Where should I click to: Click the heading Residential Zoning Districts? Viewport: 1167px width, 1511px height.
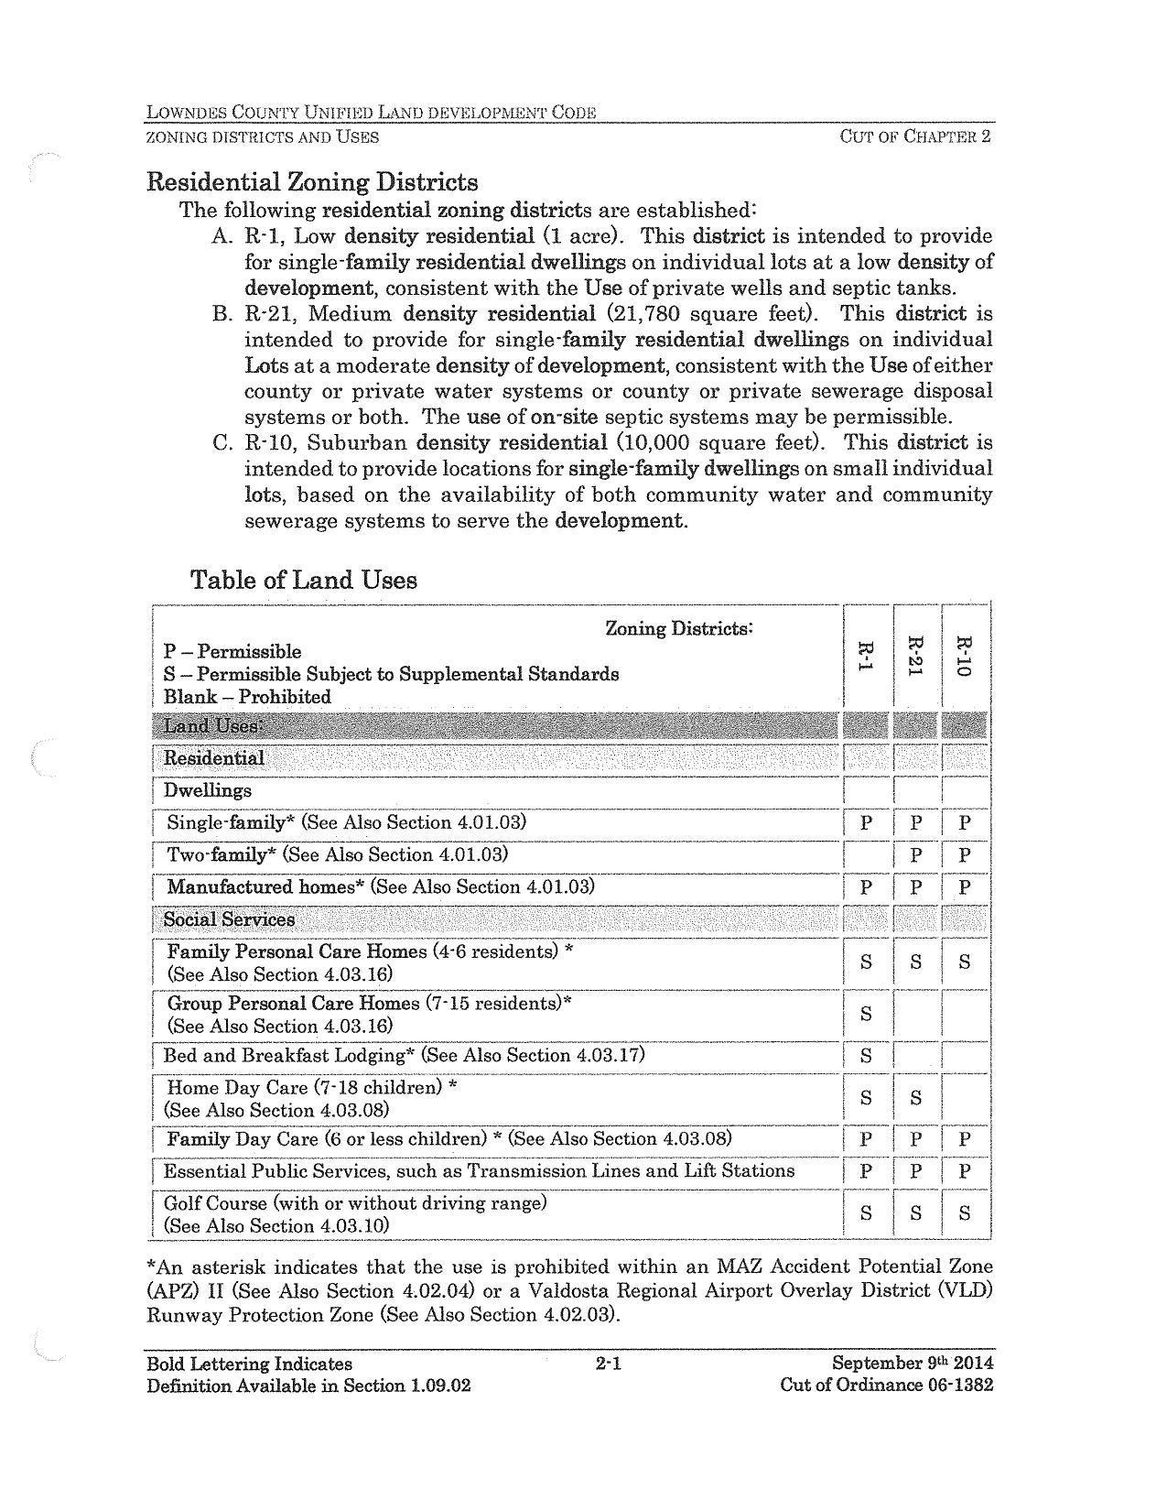(x=312, y=181)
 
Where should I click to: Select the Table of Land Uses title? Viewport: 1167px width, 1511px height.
(x=303, y=580)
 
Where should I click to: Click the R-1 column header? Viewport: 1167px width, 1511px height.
(x=865, y=656)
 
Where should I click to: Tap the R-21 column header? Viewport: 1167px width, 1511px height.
(x=914, y=656)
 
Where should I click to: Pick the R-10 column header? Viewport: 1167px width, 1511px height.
(x=963, y=656)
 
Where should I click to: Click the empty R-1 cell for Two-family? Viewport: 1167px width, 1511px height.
(x=865, y=855)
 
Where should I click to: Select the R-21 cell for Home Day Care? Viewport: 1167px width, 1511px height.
(x=914, y=1098)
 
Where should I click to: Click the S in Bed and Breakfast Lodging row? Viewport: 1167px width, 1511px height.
(x=865, y=1056)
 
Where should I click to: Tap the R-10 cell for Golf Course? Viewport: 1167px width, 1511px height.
(x=963, y=1213)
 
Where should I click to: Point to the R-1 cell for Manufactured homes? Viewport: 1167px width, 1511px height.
(x=865, y=887)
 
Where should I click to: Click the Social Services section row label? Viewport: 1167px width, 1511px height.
(x=229, y=919)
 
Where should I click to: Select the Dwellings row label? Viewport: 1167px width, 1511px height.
(x=207, y=790)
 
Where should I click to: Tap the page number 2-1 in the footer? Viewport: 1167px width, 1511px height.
(x=608, y=1364)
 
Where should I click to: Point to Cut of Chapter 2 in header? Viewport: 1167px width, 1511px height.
(x=915, y=137)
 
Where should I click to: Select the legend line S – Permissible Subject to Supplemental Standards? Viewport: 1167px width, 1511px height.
(x=391, y=674)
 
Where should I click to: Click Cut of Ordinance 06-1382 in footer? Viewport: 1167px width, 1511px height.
(x=885, y=1385)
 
